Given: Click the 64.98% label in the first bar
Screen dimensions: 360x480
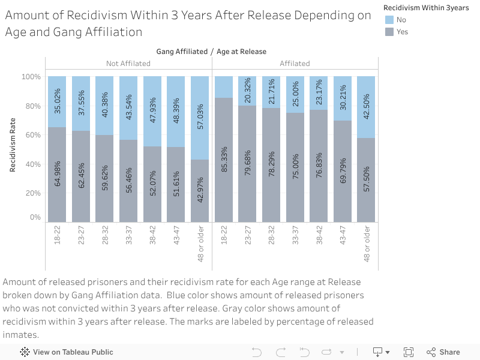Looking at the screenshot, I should (58, 173).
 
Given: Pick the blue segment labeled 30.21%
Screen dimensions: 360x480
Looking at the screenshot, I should (343, 98).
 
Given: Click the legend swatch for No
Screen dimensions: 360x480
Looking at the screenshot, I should (389, 19).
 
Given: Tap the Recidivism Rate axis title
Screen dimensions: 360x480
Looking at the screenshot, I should (13, 145).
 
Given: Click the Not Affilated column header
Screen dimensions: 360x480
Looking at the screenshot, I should (128, 63).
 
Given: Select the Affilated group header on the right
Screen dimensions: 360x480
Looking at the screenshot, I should (295, 63).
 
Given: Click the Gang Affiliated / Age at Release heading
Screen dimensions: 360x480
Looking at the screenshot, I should (211, 52).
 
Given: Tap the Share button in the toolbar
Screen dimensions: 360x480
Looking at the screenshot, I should (443, 352).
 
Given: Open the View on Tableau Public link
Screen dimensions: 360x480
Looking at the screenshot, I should (67, 352).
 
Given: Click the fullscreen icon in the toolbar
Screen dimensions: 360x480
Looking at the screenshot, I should (409, 352).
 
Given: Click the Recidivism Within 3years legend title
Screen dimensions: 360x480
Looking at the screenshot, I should (426, 7).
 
